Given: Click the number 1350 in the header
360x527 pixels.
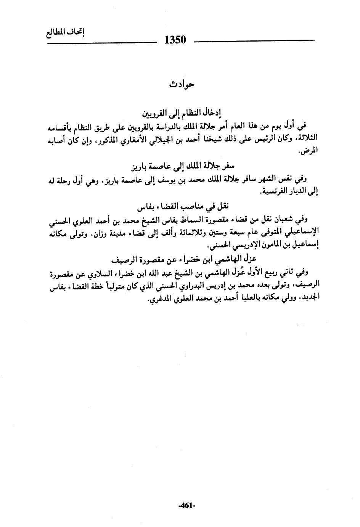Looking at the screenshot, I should [x=175, y=40].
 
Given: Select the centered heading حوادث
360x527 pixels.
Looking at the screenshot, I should [x=182, y=84].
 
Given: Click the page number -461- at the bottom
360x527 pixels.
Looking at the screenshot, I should [x=186, y=506].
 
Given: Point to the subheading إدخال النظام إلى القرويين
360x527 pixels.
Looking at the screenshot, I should [x=182, y=113].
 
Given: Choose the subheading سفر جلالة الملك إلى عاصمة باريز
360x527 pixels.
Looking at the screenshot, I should [x=182, y=166].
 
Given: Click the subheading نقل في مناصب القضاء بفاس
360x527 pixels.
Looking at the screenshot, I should [x=182, y=207].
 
